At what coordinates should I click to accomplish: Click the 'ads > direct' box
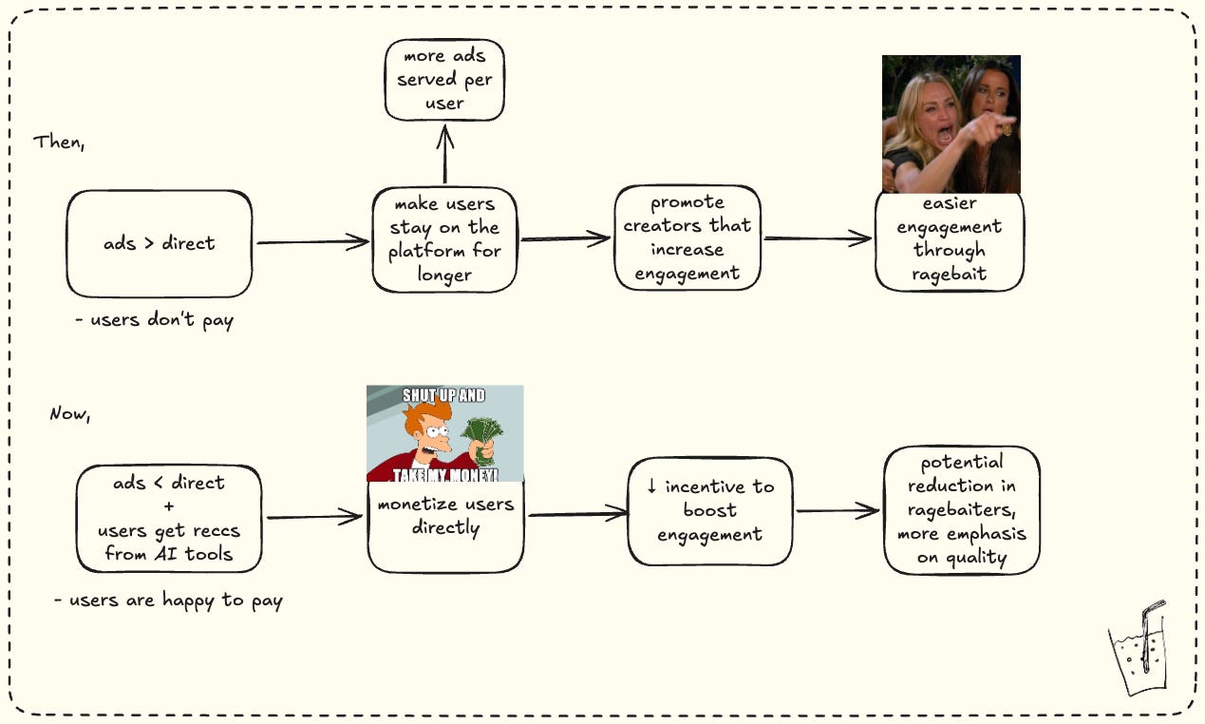click(x=160, y=243)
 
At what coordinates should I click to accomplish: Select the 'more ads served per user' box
click(x=444, y=80)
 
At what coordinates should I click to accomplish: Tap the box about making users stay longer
click(x=444, y=239)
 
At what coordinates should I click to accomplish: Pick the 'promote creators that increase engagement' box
click(x=687, y=238)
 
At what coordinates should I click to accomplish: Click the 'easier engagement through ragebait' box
click(x=950, y=241)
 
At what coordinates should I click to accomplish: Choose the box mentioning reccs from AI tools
click(x=169, y=519)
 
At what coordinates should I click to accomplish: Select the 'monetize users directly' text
click(x=445, y=516)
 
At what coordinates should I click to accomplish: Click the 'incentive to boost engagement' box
click(x=710, y=511)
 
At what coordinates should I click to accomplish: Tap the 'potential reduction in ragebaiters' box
click(x=962, y=510)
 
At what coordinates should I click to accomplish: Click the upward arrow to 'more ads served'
click(x=445, y=154)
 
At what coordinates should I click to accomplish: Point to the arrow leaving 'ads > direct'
click(x=312, y=241)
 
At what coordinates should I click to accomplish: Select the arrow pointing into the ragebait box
click(x=818, y=238)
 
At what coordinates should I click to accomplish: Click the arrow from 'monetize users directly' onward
click(x=577, y=513)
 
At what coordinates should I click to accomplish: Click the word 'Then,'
click(x=59, y=143)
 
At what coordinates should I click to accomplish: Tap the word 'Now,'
click(x=70, y=413)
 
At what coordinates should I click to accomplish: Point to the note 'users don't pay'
click(x=155, y=320)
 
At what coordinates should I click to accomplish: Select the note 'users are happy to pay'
click(x=168, y=600)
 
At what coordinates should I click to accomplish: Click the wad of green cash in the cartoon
click(x=483, y=439)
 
